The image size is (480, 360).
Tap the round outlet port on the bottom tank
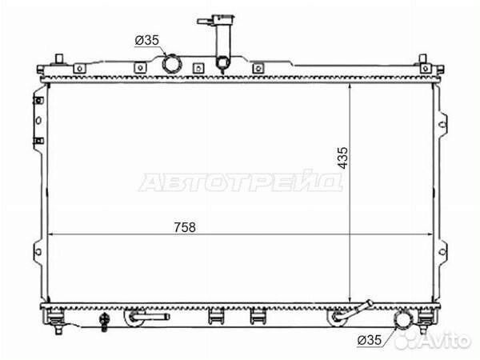[x=406, y=322]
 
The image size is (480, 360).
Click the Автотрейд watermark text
[x=241, y=183]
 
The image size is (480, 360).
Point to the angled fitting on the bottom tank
[x=352, y=314]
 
